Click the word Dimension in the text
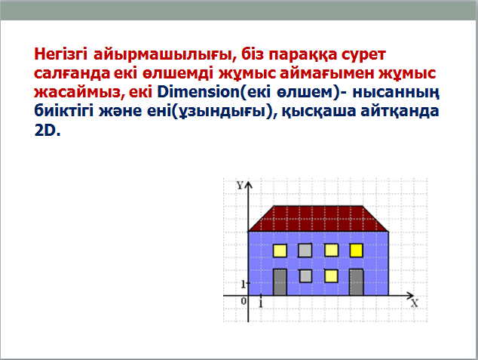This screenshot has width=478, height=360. click(198, 92)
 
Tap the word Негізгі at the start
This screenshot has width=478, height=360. click(60, 55)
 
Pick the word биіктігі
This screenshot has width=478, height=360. click(63, 112)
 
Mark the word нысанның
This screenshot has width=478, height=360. click(396, 93)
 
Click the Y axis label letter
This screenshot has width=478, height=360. click(240, 185)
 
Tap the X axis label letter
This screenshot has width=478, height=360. click(414, 303)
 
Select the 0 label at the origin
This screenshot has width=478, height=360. click(244, 301)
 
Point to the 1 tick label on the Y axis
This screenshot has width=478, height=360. click(244, 285)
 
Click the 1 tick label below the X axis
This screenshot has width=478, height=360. click(261, 303)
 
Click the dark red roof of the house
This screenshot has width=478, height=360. click(318, 218)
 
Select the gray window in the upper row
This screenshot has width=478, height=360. click(305, 251)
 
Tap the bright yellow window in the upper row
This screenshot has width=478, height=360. click(357, 251)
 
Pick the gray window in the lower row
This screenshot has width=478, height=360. click(306, 276)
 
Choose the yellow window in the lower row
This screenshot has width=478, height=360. click(332, 276)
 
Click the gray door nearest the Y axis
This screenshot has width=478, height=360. click(280, 282)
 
